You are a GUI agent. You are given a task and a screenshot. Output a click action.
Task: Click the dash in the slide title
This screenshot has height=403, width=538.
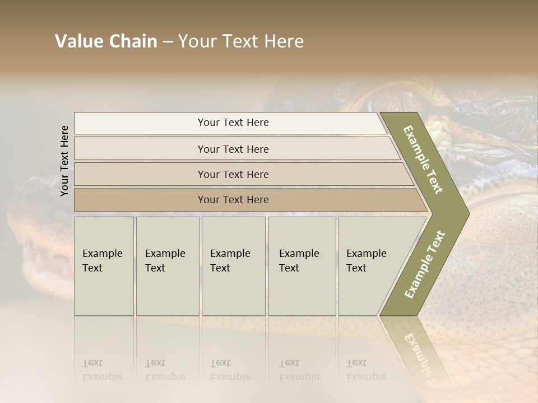[168, 42]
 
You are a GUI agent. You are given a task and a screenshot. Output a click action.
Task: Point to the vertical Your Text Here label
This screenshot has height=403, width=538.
[64, 161]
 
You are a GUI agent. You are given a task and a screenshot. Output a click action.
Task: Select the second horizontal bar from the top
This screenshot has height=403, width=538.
[233, 149]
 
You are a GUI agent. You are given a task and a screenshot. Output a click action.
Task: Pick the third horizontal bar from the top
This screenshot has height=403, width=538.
[233, 174]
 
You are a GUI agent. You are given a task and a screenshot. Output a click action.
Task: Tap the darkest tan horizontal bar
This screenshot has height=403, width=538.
[233, 200]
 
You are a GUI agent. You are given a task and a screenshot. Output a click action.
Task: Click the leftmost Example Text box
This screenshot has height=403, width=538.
[104, 266]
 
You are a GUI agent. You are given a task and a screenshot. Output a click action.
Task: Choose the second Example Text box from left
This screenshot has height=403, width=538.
[168, 266]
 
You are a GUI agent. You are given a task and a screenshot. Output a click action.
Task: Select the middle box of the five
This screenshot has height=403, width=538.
[233, 266]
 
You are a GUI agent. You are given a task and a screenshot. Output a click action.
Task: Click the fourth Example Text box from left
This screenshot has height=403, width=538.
[302, 266]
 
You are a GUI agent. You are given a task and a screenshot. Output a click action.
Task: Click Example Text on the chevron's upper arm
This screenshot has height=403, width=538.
[423, 160]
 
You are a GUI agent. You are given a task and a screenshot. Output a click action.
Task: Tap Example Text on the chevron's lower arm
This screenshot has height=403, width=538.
[425, 264]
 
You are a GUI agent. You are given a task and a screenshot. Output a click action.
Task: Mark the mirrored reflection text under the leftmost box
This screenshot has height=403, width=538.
[102, 371]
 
